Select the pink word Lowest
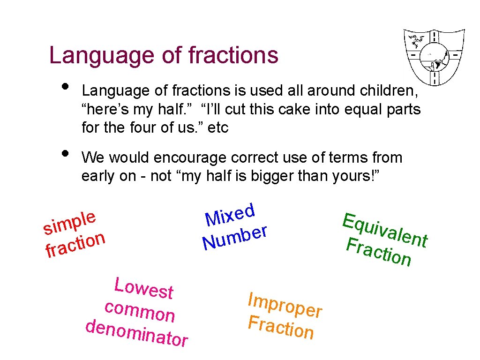click(x=144, y=287)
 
